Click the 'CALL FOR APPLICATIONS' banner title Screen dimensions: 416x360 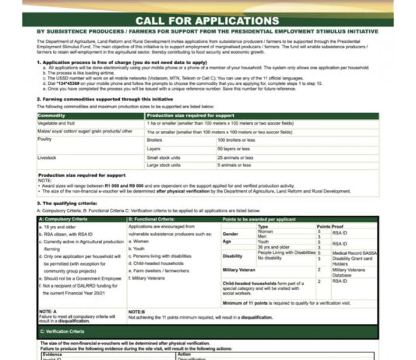(207, 19)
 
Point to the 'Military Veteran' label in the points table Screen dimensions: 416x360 (244, 269)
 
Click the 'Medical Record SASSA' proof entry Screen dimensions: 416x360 (351, 252)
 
